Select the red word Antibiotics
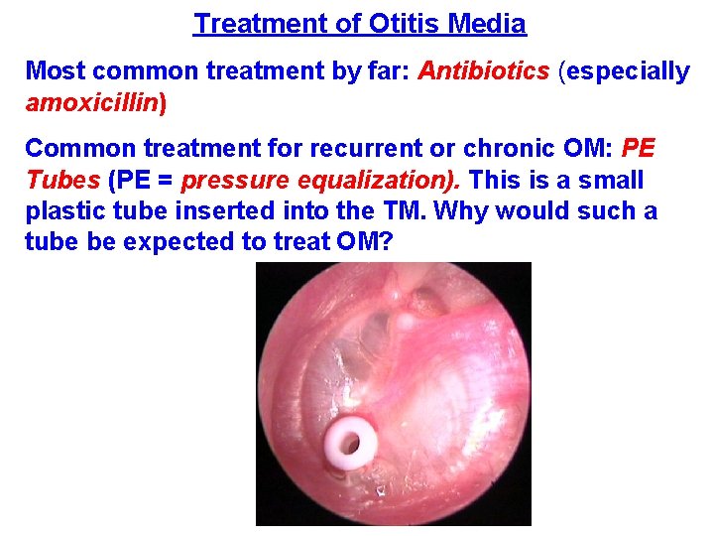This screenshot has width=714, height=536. (484, 71)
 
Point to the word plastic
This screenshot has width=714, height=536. (59, 211)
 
